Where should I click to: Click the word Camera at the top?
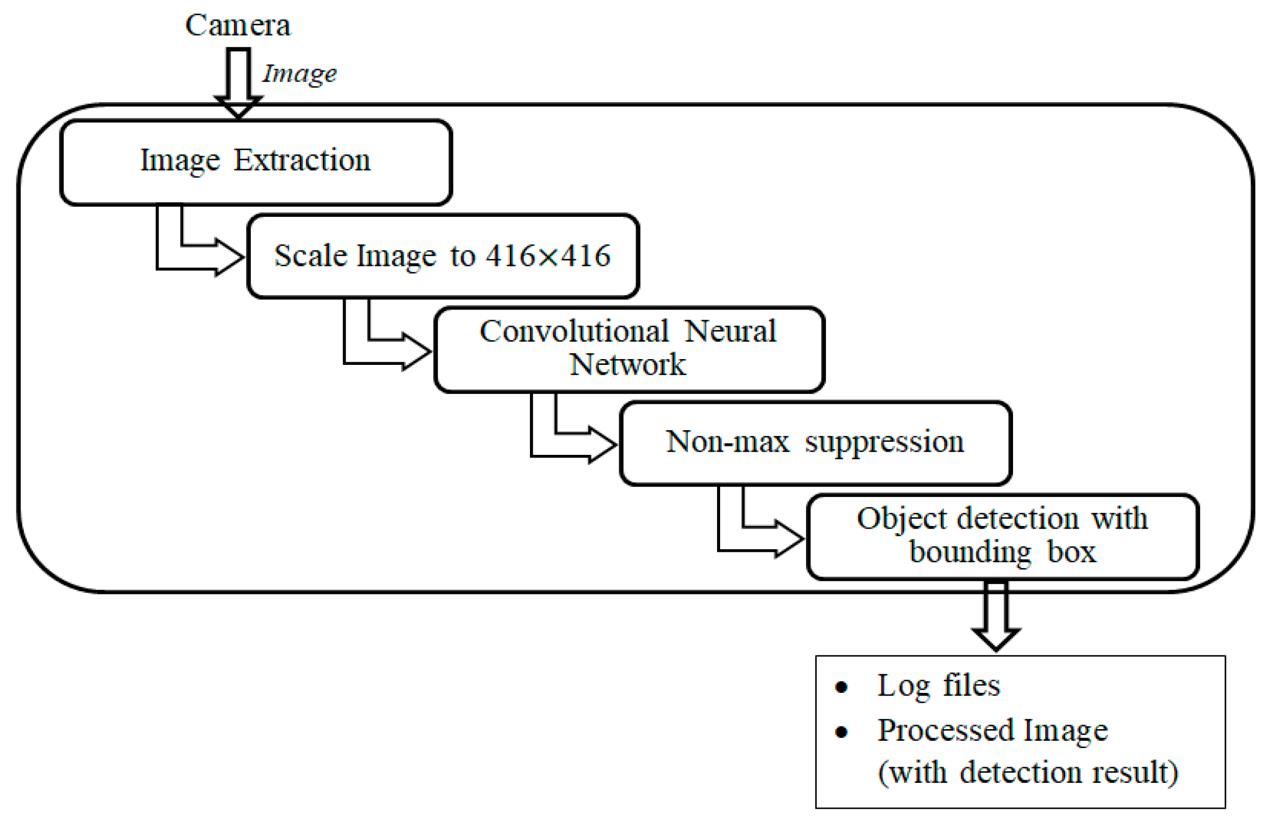(238, 25)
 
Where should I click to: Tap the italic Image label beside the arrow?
(299, 73)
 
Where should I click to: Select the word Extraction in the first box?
(302, 160)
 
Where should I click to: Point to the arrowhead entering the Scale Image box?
(230, 257)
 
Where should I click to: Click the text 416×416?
(548, 256)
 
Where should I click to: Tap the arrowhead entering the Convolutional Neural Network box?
(417, 352)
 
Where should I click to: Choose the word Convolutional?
(574, 331)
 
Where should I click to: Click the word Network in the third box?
(627, 365)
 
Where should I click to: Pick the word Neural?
(730, 331)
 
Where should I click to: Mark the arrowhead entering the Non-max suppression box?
(603, 444)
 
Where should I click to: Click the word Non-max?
(727, 442)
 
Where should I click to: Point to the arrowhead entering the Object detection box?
(790, 539)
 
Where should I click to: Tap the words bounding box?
(1002, 552)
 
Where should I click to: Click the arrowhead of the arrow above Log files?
(996, 639)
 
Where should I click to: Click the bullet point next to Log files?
(841, 687)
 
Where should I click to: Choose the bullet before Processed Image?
(841, 732)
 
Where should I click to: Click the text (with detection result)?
(1028, 772)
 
